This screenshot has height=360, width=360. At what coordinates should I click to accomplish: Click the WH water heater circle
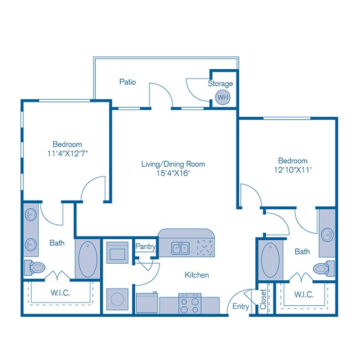(x=222, y=97)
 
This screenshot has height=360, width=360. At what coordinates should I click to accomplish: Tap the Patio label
(x=128, y=82)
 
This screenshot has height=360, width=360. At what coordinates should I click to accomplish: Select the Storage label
(x=220, y=84)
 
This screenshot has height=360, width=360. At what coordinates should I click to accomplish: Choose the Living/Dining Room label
(x=173, y=164)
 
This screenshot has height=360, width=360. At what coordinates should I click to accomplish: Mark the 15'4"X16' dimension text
(x=173, y=173)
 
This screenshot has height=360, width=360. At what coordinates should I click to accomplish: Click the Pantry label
(x=145, y=247)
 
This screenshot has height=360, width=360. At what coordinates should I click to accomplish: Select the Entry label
(x=240, y=306)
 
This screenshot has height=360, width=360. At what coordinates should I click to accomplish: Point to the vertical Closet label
(x=263, y=300)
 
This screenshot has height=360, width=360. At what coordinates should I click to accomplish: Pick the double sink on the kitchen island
(x=179, y=248)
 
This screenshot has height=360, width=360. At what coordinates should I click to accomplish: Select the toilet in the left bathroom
(x=36, y=268)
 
